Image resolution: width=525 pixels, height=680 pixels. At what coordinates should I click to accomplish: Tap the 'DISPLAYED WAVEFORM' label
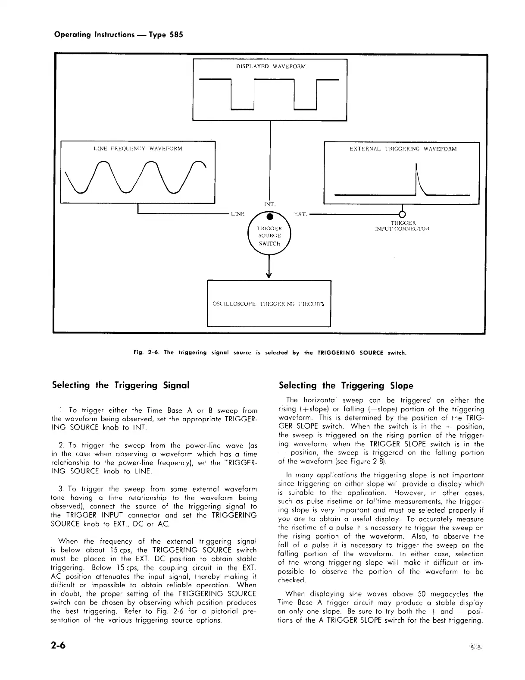(271, 66)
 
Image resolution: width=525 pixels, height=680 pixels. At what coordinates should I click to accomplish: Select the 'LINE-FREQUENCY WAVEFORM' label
(138, 149)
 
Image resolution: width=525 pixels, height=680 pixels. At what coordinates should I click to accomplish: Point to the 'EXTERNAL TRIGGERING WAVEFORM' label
(403, 149)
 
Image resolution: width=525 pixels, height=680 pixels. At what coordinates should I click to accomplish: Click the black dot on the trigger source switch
(269, 216)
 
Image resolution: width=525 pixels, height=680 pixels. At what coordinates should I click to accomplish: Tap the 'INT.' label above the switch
(269, 204)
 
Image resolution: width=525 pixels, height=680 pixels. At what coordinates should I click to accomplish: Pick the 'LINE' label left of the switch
(237, 214)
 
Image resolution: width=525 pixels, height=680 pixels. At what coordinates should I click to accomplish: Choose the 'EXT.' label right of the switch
(300, 214)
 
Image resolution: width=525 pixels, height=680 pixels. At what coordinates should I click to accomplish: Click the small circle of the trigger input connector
(402, 214)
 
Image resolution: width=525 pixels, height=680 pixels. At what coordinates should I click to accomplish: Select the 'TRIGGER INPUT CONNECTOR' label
(402, 226)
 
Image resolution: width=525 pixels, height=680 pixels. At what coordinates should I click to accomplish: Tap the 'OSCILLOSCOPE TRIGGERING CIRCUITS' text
(269, 304)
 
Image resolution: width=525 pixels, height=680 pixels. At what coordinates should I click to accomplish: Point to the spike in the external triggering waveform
(417, 177)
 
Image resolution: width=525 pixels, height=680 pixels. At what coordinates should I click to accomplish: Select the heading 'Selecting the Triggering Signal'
(121, 385)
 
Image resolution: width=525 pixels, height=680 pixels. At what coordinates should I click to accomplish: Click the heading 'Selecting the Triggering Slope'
(346, 385)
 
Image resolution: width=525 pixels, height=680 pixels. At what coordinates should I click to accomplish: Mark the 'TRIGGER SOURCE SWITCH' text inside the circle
(269, 236)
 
